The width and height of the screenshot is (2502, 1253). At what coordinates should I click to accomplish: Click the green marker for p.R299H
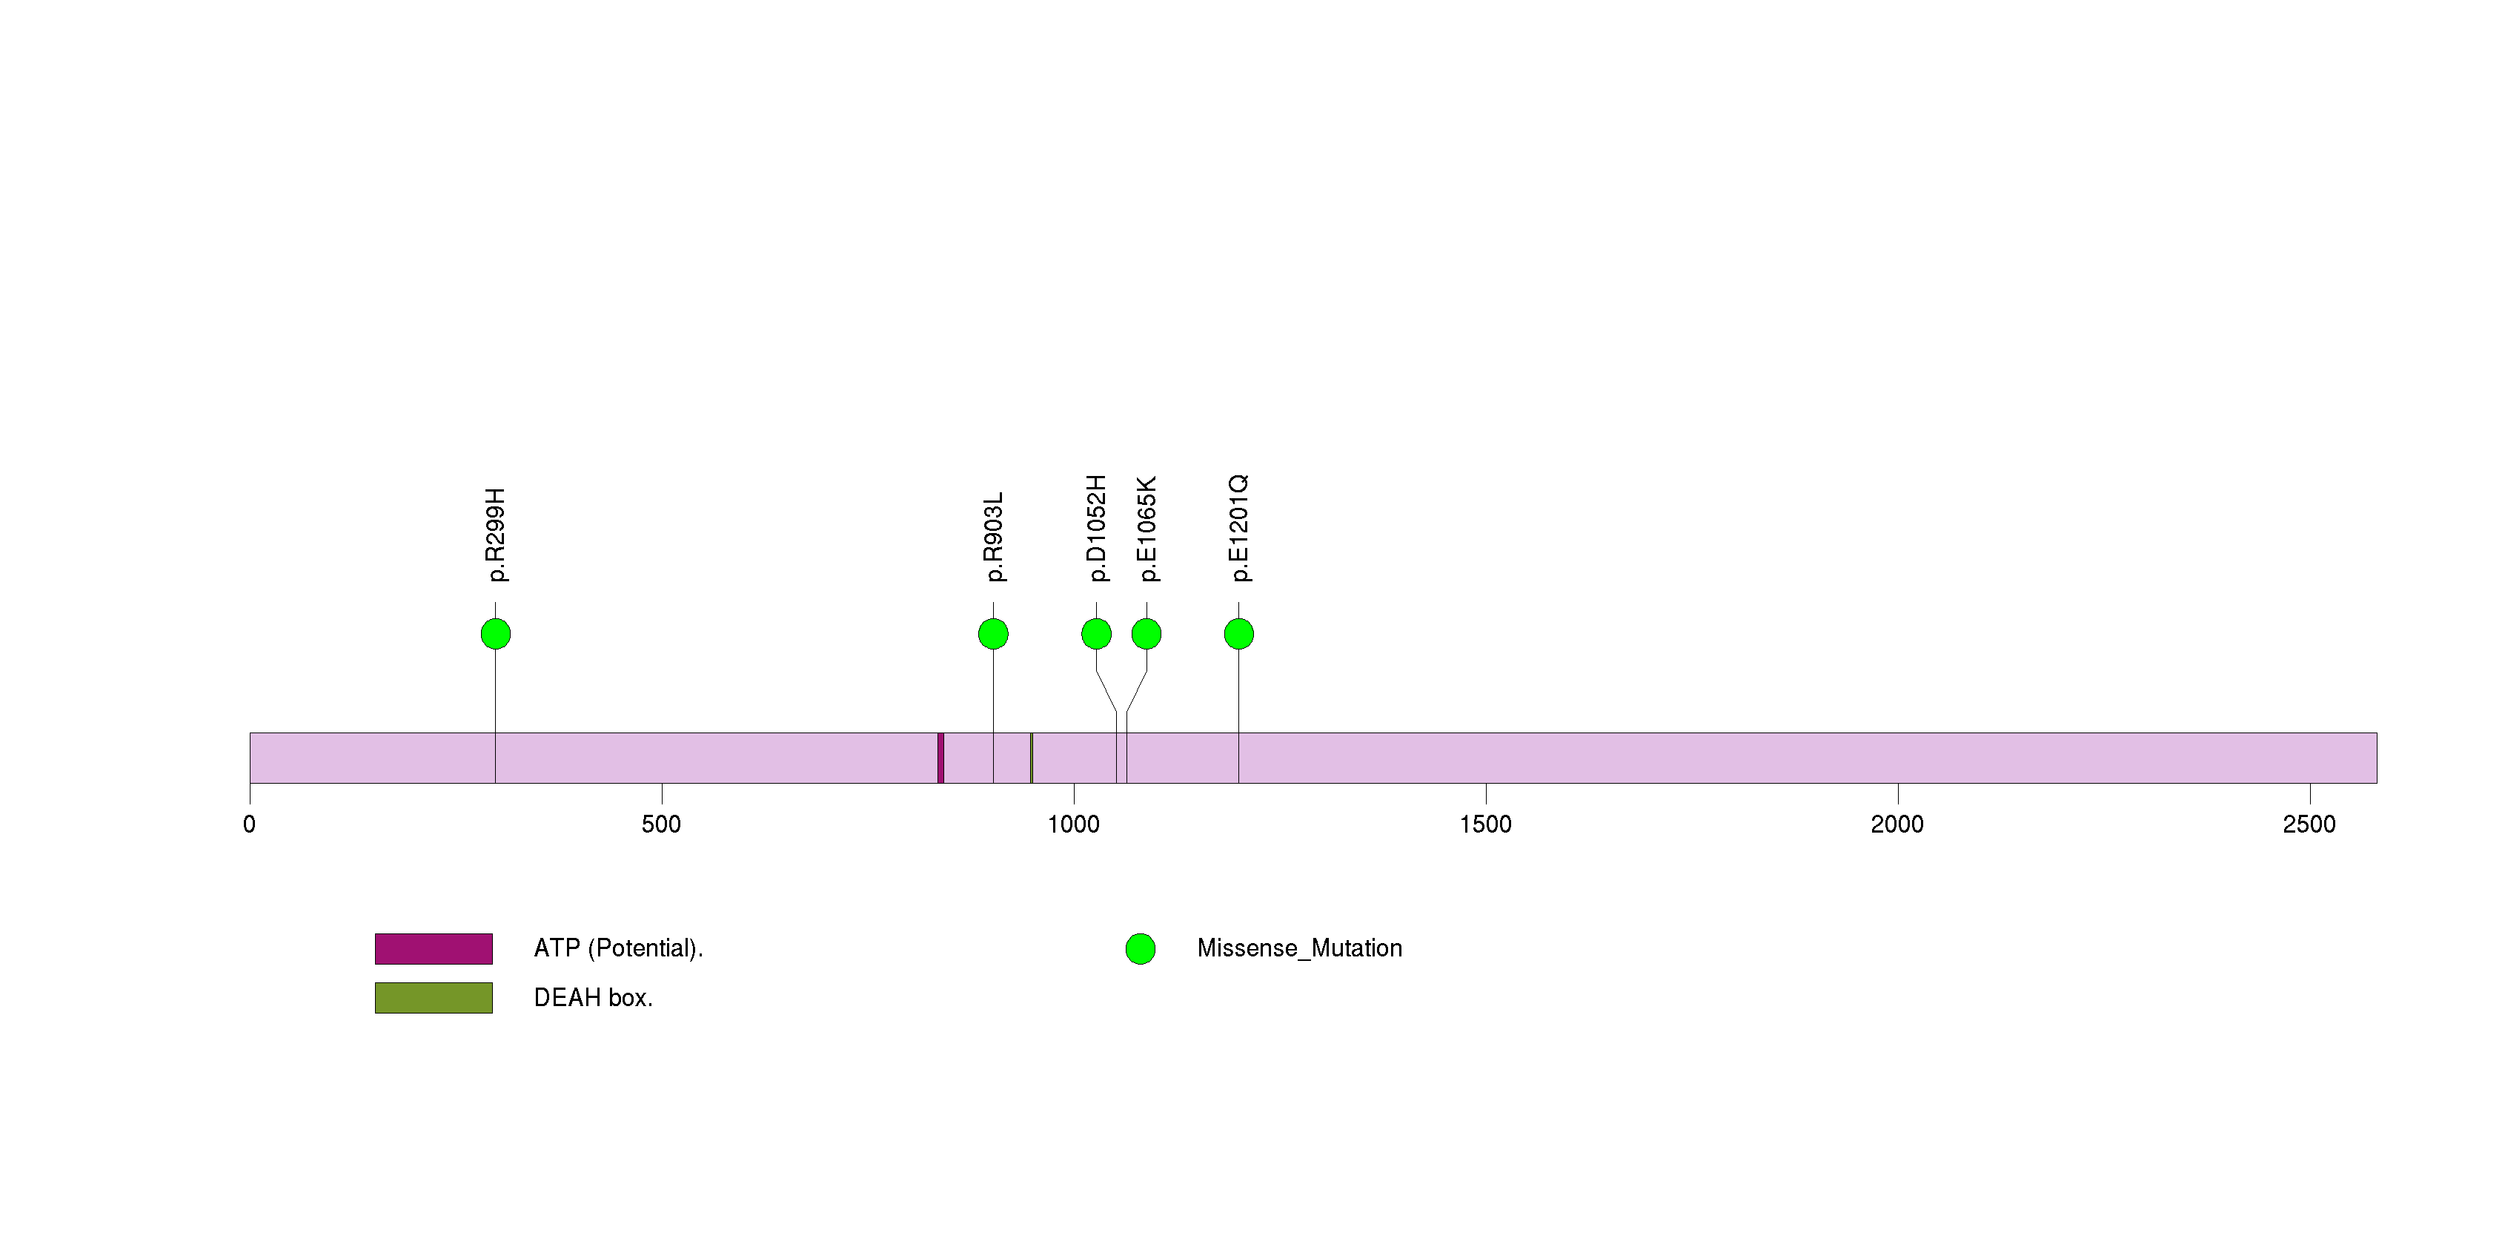[495, 634]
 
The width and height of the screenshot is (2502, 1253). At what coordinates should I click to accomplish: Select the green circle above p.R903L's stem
[992, 634]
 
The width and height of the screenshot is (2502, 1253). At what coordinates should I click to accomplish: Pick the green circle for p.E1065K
[1146, 634]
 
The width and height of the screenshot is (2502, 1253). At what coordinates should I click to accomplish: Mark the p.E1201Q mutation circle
[1238, 634]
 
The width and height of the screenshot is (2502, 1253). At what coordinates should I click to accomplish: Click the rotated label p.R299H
[495, 535]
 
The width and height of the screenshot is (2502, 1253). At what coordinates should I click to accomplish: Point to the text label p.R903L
[992, 537]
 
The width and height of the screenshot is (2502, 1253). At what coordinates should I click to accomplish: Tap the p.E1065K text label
[1146, 529]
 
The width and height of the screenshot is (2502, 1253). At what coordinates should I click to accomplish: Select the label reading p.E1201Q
[1238, 529]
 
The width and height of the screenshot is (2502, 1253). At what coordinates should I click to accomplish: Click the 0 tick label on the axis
[250, 824]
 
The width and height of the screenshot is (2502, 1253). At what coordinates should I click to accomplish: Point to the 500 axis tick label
[661, 824]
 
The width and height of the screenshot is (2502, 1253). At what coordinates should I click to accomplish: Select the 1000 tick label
[1073, 824]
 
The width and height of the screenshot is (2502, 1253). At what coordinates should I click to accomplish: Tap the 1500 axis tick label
[1485, 824]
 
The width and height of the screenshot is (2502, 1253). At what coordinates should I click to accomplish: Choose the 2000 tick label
[1897, 824]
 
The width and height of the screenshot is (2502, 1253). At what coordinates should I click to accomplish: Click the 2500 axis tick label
[2309, 824]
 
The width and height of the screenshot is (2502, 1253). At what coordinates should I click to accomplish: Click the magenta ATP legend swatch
[434, 949]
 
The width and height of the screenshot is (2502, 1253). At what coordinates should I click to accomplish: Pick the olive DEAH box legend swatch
[434, 997]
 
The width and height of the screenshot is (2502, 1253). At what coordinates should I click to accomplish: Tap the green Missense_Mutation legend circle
[1141, 949]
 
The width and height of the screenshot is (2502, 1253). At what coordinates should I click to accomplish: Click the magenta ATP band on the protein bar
[940, 758]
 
